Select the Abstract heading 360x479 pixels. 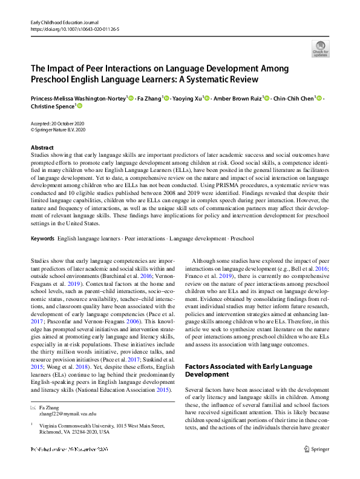(x=42, y=148)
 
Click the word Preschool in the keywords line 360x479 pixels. (x=242, y=239)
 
